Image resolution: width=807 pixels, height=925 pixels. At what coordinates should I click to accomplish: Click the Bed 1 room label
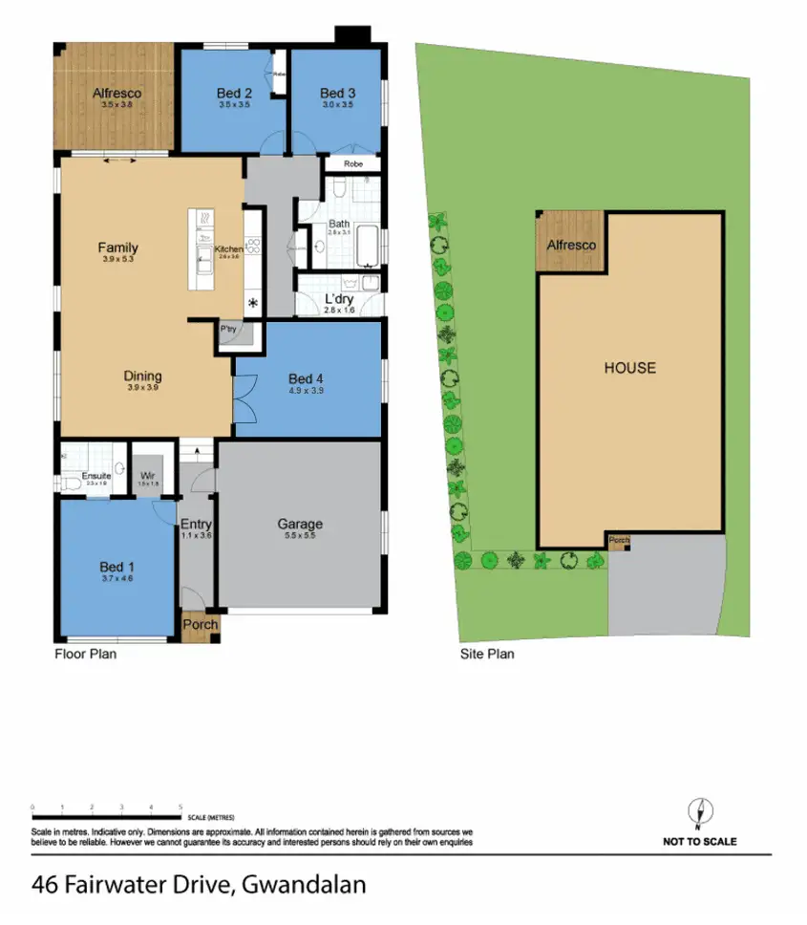117,565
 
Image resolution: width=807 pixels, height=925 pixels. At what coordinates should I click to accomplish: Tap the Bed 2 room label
234,93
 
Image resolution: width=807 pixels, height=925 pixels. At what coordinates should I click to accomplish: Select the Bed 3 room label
337,93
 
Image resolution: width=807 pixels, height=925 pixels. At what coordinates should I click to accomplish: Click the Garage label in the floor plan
300,524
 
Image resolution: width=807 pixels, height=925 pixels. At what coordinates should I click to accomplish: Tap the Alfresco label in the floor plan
117,93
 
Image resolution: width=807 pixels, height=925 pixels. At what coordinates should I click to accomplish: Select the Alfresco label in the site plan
571,246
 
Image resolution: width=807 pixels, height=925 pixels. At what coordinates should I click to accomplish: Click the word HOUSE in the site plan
629,368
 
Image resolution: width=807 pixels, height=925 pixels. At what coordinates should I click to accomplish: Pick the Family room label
117,248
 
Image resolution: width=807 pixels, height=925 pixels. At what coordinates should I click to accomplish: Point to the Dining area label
142,376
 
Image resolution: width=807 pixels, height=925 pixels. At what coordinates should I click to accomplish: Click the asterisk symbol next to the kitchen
253,304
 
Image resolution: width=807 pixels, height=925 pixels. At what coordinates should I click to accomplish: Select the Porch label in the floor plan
201,625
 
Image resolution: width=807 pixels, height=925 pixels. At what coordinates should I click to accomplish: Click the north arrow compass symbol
699,813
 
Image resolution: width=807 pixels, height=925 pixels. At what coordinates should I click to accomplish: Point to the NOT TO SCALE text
699,842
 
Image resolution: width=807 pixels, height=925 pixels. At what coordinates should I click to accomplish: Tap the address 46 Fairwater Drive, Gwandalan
199,885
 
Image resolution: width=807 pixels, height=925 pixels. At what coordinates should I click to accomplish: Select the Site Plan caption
487,655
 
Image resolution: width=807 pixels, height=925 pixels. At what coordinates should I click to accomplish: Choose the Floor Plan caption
85,655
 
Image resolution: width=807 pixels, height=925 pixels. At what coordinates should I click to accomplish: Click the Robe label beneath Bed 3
352,164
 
